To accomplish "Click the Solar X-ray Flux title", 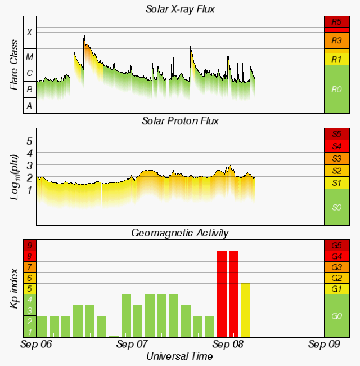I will click(180, 9).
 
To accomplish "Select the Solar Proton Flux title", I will click(180, 121).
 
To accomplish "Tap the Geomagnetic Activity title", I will click(180, 233).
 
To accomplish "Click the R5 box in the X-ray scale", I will click(337, 23).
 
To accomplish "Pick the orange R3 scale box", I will click(337, 41).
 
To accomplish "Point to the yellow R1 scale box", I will click(337, 59).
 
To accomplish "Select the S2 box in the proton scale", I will click(337, 171).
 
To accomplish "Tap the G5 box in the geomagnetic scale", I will click(337, 246).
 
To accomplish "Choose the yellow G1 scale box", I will click(337, 288).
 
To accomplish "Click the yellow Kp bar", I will click(246, 310).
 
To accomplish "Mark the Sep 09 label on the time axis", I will click(324, 343).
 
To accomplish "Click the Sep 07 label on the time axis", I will click(132, 343).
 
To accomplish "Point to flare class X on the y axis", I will click(29, 32).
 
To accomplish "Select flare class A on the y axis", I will click(29, 105).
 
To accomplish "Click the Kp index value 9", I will click(29, 246).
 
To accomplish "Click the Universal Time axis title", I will click(180, 356).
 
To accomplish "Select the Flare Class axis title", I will click(13, 65).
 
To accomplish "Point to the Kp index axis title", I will click(13, 288).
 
